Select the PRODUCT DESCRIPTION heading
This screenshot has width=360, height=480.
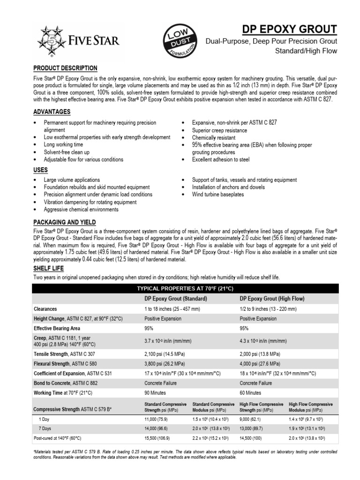[x=65, y=68]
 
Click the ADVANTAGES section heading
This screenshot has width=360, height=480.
[x=52, y=112]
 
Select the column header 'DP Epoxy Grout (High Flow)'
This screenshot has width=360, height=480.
[x=272, y=298]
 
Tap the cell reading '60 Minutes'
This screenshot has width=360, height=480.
[x=251, y=392]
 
